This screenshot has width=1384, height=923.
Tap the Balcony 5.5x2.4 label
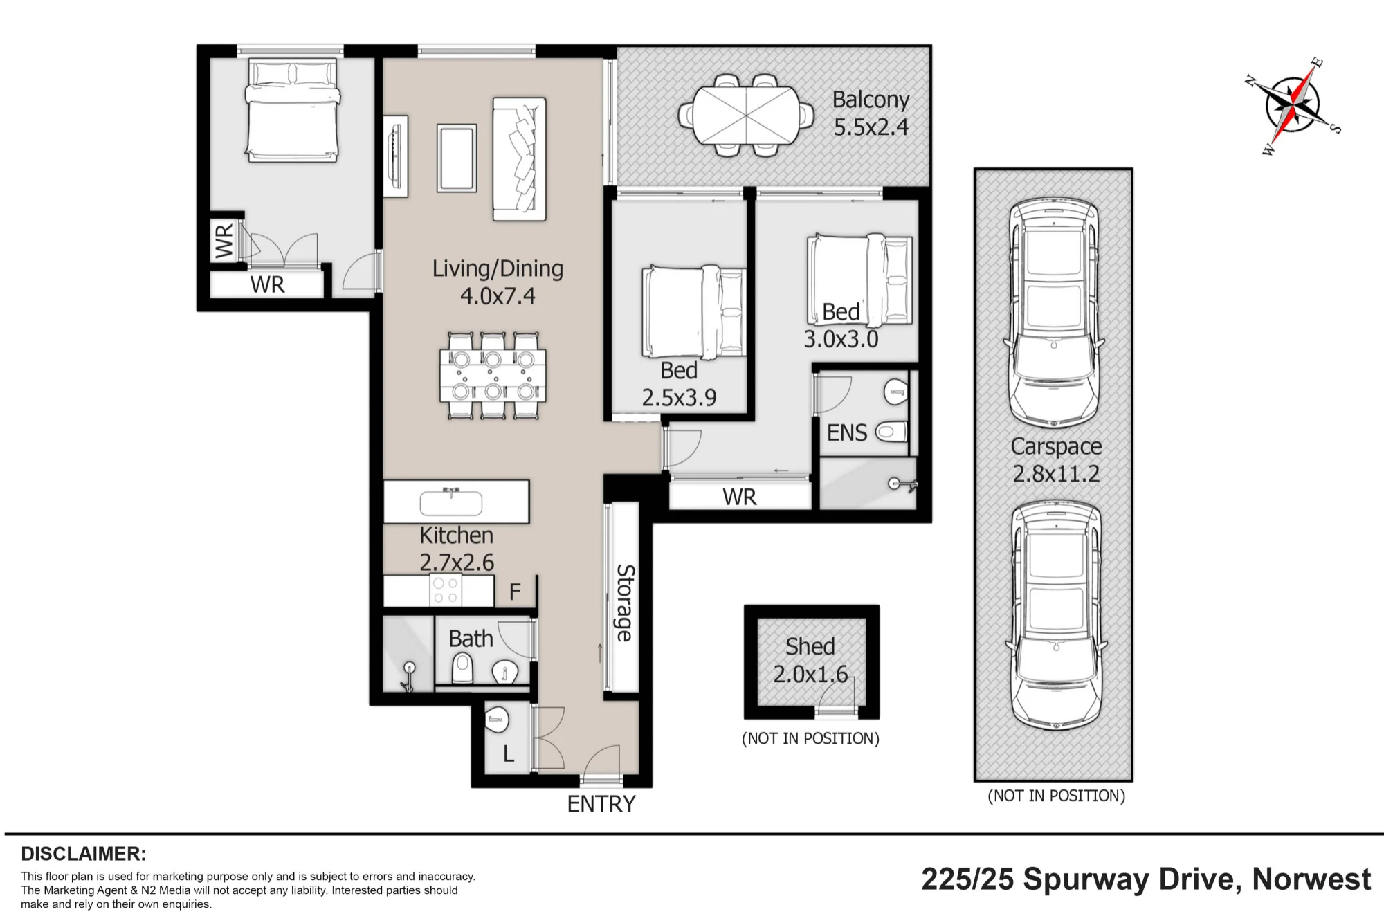pos(871,113)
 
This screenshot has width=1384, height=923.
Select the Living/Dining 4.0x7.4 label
pos(498,282)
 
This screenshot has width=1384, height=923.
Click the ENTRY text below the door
pos(601,804)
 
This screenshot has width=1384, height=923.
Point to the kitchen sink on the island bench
pos(450,502)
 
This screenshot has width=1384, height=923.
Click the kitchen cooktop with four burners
pos(445,590)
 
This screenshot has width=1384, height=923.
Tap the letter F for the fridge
pos(515,592)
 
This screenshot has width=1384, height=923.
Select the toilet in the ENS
pos(891,432)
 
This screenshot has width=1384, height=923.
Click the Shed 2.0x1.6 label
pos(810,660)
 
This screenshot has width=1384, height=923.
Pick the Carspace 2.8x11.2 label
pos(1056,460)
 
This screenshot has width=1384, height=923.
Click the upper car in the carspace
pos(1054,313)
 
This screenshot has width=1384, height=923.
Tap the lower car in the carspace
pos(1056,616)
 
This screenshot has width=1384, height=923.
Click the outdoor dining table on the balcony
pos(746,115)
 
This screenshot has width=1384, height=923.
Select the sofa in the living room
pos(519,159)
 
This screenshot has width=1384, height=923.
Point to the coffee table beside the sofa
pos(457,158)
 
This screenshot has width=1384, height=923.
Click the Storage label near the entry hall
pos(625,603)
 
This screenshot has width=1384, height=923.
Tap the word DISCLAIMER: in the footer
pos(84,854)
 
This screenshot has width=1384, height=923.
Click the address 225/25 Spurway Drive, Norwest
pos(1146,879)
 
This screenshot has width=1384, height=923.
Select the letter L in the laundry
pos(509,754)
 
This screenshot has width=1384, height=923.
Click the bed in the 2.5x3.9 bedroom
pos(694,312)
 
